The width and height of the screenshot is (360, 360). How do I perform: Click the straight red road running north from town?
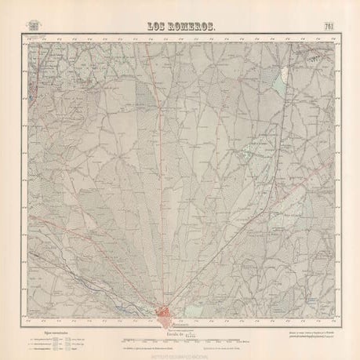(165, 196)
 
